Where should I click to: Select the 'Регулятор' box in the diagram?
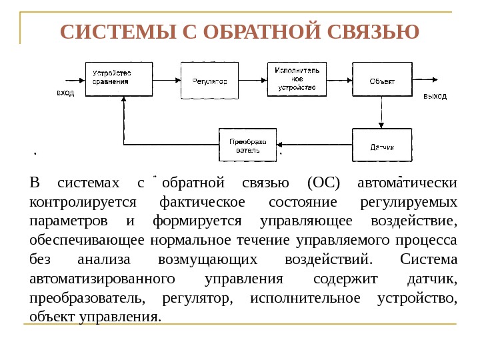(x=209, y=80)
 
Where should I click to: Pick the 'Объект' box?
(x=382, y=80)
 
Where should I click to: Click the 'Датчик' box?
(x=382, y=145)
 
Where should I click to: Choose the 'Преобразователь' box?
(x=247, y=145)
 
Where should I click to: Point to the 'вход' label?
(x=65, y=94)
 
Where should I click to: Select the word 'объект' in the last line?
(x=53, y=315)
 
